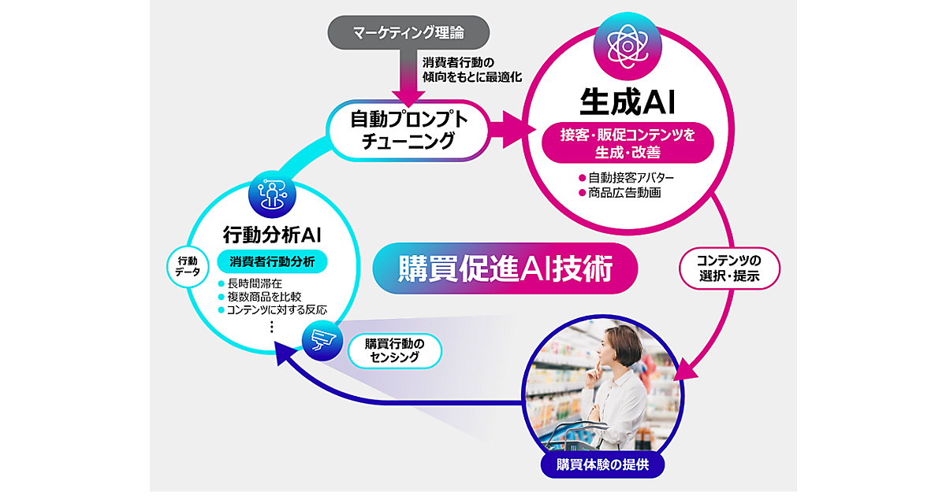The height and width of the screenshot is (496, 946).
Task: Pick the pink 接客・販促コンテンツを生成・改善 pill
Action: tap(630, 143)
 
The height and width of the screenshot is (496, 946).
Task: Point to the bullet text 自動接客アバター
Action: tap(631, 178)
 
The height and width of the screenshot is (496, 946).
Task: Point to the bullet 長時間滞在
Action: tap(261, 283)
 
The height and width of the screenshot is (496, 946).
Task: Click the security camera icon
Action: tap(322, 340)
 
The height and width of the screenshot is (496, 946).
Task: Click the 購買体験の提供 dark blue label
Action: tap(603, 464)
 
